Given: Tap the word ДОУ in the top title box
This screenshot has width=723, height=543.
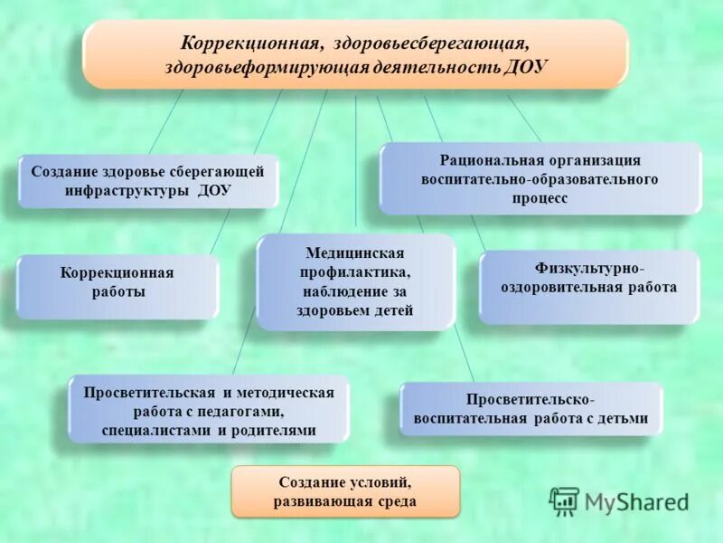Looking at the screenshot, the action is click(x=526, y=68).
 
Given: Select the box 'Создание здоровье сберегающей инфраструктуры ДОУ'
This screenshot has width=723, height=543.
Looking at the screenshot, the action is click(x=148, y=181).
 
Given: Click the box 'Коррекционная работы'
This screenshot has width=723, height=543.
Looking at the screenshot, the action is click(x=117, y=285).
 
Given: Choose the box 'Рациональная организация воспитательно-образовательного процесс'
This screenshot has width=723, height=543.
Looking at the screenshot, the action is click(x=540, y=178).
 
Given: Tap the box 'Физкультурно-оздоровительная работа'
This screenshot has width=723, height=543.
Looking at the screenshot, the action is click(x=588, y=287).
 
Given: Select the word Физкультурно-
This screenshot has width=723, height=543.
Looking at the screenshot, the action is click(x=588, y=269).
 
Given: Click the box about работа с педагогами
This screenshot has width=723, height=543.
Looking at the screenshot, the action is click(x=209, y=410).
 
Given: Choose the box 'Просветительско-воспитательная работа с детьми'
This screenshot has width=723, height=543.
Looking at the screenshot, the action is click(x=531, y=408).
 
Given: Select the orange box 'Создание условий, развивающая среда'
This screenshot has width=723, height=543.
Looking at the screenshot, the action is click(x=346, y=491).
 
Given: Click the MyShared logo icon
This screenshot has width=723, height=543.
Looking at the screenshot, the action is click(x=565, y=500).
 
